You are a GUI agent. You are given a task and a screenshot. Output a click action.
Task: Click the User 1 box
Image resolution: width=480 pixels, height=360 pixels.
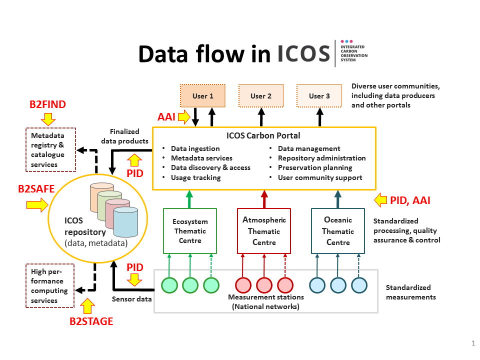pos(203,96)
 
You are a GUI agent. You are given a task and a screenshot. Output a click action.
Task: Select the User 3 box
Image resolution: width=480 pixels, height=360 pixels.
pos(319,96)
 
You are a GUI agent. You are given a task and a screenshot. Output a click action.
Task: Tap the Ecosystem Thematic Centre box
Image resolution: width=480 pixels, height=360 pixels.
pos(190,231)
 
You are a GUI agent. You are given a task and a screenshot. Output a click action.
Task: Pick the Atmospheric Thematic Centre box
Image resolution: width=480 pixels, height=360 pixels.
pos(263,231)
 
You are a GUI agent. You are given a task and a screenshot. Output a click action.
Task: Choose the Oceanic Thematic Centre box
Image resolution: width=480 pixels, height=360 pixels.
pos(337,231)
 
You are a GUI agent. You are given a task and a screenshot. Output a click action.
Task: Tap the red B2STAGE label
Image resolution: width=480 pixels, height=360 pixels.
pos(91,321)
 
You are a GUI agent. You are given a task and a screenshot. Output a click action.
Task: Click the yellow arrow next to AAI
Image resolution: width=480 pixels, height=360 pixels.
pos(184,117)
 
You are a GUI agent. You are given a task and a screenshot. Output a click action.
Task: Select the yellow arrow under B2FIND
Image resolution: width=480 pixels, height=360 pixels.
pos(48,119)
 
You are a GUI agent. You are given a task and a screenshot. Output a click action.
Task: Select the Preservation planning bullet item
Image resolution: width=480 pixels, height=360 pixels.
pos(315,168)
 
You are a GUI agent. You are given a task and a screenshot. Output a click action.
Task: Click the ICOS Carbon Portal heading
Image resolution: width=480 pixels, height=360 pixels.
pos(263,135)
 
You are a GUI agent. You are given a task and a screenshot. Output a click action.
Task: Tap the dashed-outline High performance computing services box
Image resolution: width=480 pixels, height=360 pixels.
pos(49,285)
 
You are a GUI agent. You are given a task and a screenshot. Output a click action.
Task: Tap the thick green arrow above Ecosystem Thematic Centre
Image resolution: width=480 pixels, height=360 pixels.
pos(189,198)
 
